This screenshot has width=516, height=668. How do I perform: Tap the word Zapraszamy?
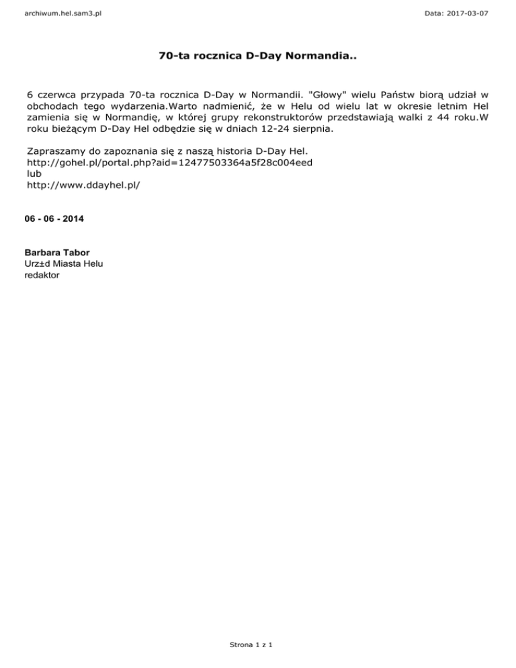pyautogui.click(x=56, y=151)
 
